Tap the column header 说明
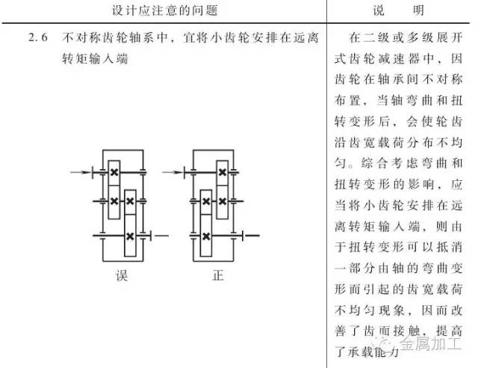click(402, 11)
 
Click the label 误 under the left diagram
click(122, 275)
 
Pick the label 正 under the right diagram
click(218, 275)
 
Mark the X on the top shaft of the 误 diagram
click(114, 173)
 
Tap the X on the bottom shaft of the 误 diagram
click(130, 236)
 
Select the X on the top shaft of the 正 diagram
click(221, 173)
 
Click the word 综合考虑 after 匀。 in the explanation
click(395, 162)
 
